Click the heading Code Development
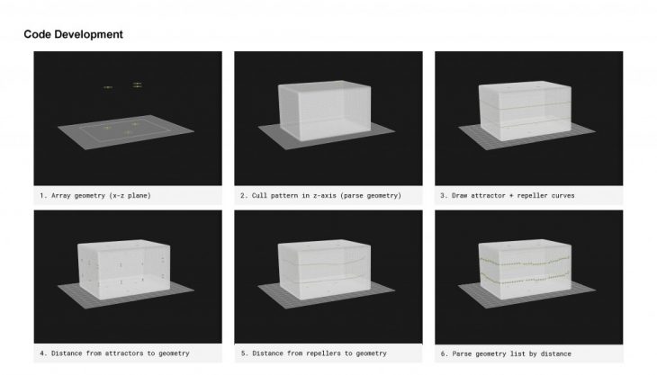(x=73, y=34)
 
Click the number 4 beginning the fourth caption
(x=42, y=353)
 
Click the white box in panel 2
(x=325, y=110)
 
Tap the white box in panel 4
(x=124, y=269)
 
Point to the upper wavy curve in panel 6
(x=525, y=262)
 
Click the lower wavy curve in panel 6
(x=525, y=279)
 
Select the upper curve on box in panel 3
(x=525, y=106)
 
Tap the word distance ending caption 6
(x=555, y=353)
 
